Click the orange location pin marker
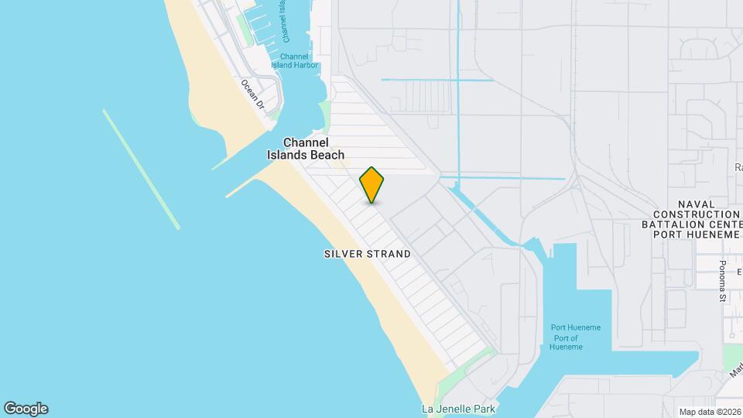(x=371, y=184)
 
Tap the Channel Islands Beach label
(x=306, y=149)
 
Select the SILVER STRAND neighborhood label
(x=368, y=254)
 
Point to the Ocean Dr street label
(x=252, y=94)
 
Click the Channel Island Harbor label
(x=294, y=60)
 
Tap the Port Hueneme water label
(x=575, y=327)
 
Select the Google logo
(x=26, y=409)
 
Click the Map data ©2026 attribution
(x=709, y=412)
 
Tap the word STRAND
(x=389, y=254)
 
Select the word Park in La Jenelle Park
(x=476, y=409)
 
